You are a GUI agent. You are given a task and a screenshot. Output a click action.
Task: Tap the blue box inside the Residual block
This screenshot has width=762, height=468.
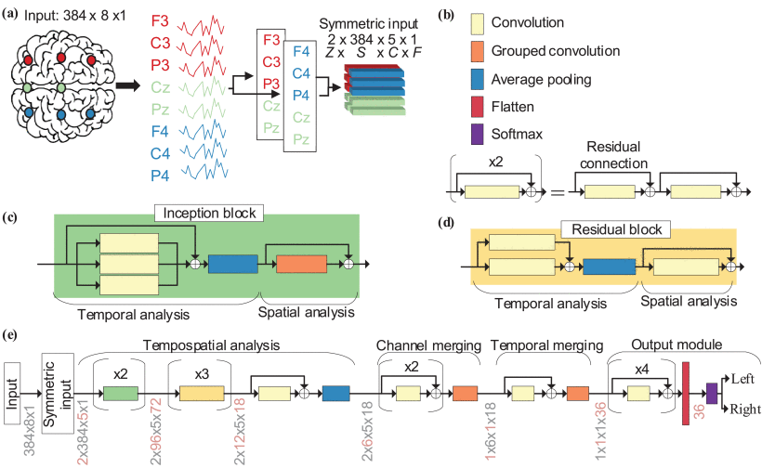pyautogui.click(x=608, y=266)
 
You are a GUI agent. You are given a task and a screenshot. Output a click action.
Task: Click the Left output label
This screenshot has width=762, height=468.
pyautogui.click(x=742, y=379)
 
